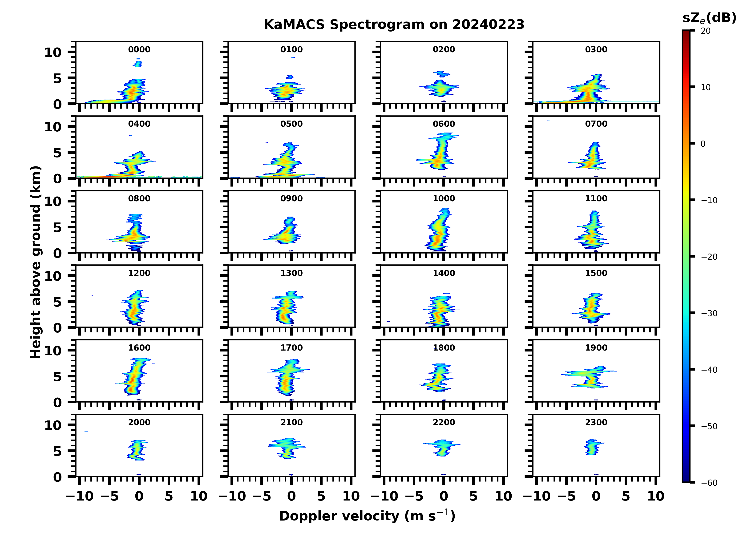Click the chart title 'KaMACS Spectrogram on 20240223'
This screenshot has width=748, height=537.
pyautogui.click(x=394, y=25)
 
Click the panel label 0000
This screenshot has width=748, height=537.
pyautogui.click(x=139, y=49)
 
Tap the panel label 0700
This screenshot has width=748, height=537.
pyautogui.click(x=596, y=124)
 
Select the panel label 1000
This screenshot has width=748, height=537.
pyautogui.click(x=444, y=198)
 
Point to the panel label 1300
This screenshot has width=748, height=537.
pyautogui.click(x=291, y=273)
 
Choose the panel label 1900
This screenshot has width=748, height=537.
pyautogui.click(x=596, y=348)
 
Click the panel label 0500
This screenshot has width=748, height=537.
pyautogui.click(x=291, y=124)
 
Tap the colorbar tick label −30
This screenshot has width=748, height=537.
pyautogui.click(x=709, y=313)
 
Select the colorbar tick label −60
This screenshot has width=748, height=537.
pyautogui.click(x=709, y=483)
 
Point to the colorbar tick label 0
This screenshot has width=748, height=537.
pyautogui.click(x=703, y=144)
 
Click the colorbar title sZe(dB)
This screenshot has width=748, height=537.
pyautogui.click(x=709, y=18)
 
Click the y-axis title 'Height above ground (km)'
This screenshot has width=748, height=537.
pyautogui.click(x=36, y=262)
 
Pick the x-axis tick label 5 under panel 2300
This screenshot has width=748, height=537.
pyautogui.click(x=626, y=496)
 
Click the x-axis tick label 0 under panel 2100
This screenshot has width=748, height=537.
pyautogui.click(x=291, y=496)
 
